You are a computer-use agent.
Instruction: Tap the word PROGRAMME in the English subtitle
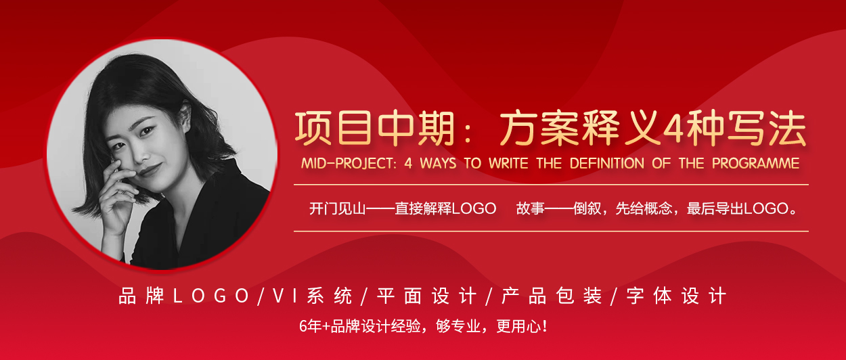tap(755, 164)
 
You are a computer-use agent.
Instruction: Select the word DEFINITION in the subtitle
tap(607, 164)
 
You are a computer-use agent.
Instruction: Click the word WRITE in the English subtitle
tap(508, 164)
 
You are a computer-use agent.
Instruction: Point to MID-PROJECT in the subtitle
tap(349, 164)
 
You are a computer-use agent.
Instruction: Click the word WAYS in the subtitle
tap(438, 164)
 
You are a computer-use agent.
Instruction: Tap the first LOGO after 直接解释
tap(474, 208)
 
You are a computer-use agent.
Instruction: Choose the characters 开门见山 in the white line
tap(337, 208)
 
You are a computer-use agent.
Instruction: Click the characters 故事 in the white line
tap(530, 208)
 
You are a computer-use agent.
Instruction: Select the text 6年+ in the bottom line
tap(315, 326)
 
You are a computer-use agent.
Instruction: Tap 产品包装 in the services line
tap(552, 296)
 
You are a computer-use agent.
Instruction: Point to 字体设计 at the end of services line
tap(676, 296)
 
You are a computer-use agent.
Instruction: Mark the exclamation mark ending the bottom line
tap(544, 326)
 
